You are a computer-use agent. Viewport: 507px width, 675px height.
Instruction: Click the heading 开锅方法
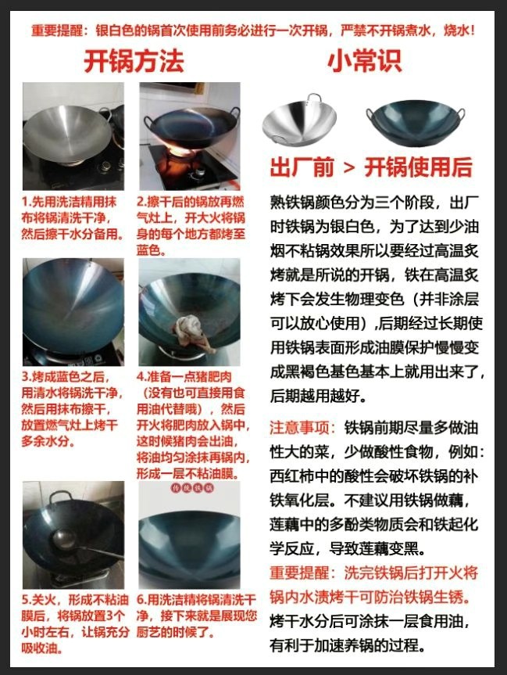tap(134, 62)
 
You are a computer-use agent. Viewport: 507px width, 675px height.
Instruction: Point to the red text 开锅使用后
tap(419, 167)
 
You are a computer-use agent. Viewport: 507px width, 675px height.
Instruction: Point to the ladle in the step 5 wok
tap(74, 542)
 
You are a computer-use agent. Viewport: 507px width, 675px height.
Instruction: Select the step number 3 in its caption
tap(26, 376)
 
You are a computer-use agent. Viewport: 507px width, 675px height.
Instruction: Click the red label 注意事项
tap(302, 429)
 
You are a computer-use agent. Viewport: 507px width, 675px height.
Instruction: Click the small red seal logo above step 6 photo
tap(189, 490)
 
